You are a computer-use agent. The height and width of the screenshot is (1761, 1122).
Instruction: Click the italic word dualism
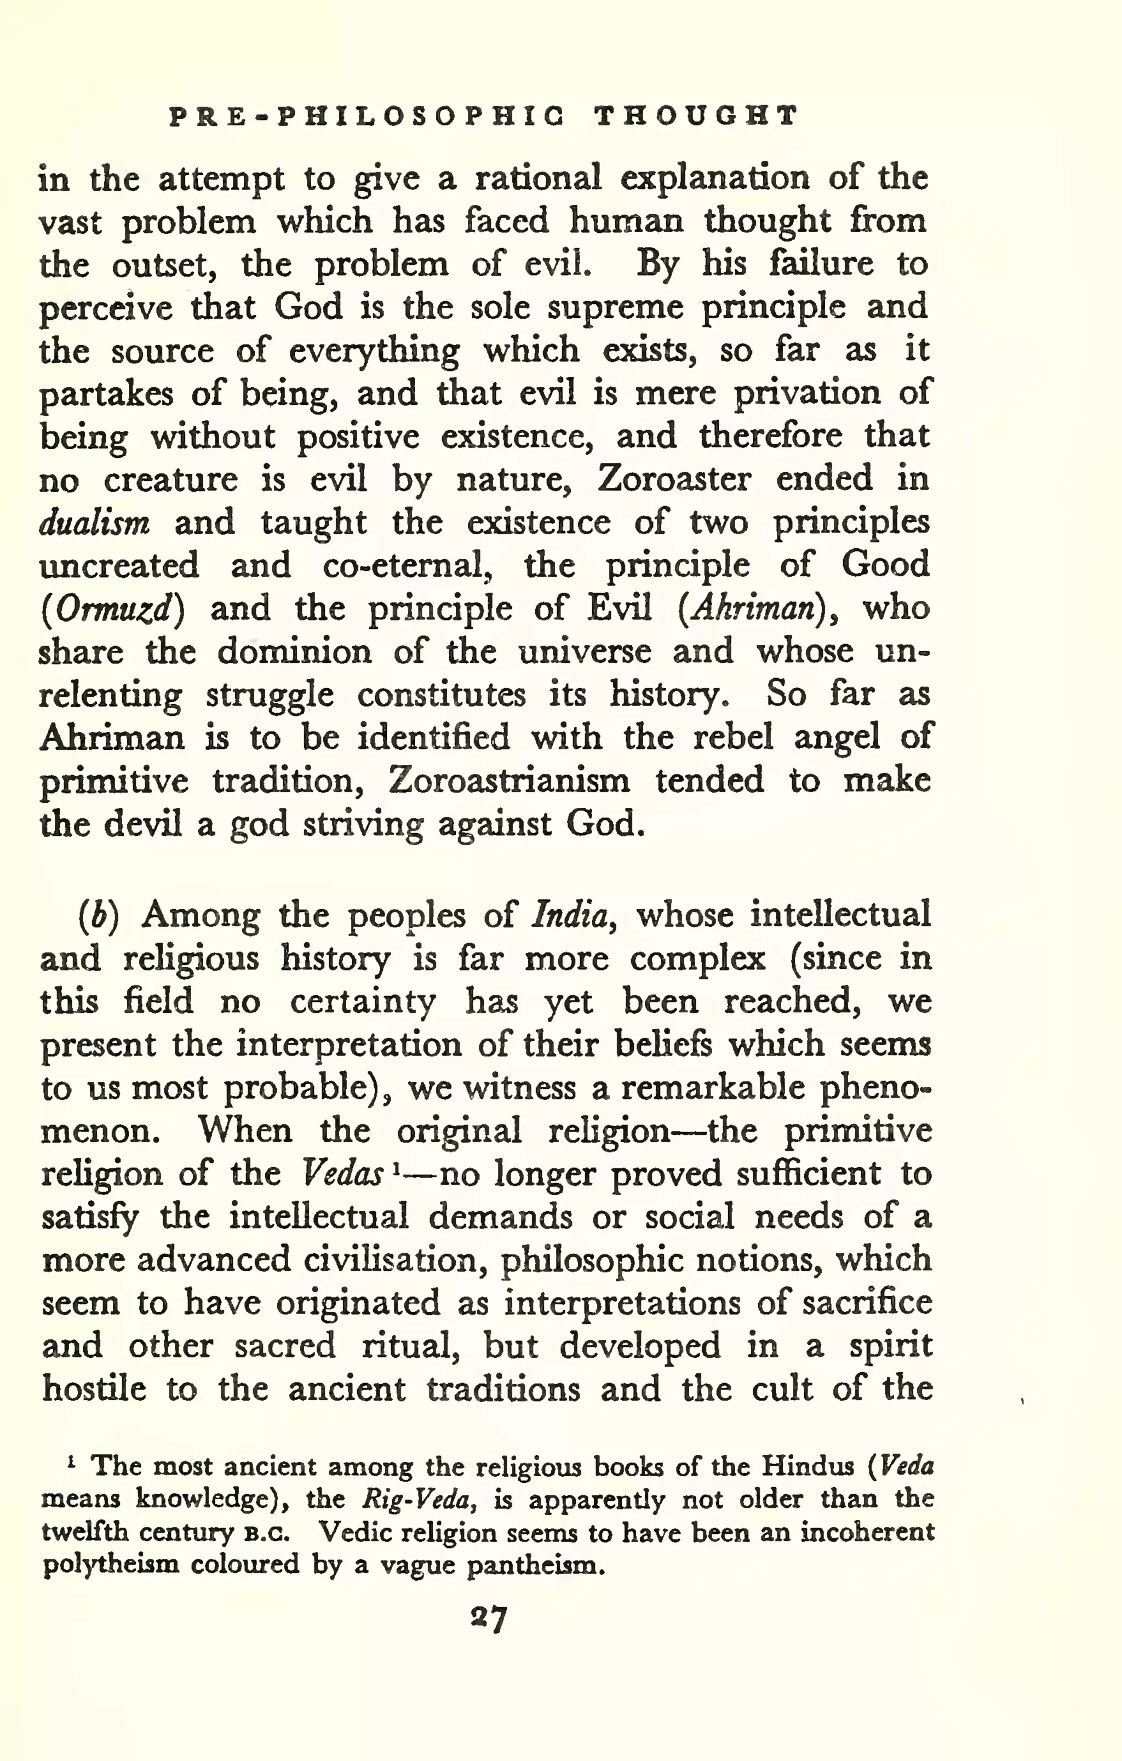(94, 523)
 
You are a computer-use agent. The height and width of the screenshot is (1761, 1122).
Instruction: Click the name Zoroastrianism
(508, 781)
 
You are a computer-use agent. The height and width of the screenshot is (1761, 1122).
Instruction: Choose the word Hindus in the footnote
(808, 1466)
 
